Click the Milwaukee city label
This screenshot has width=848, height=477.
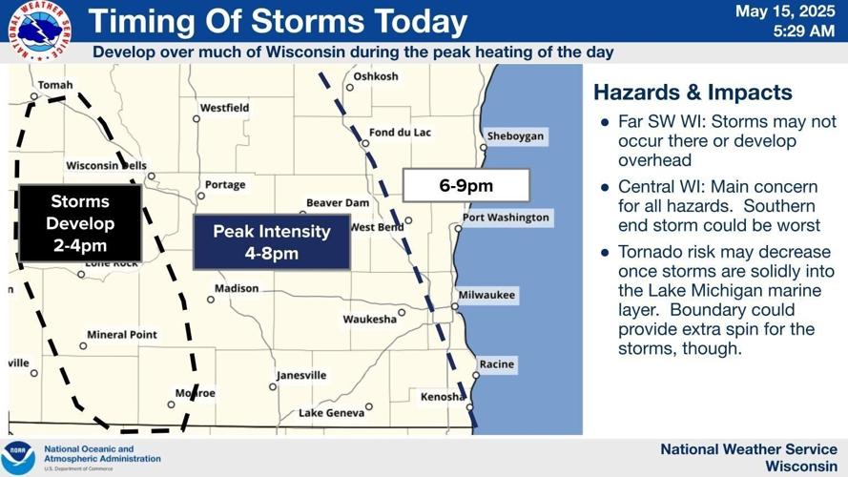click(x=486, y=296)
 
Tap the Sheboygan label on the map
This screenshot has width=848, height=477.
click(x=515, y=136)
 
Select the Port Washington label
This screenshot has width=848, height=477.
click(x=506, y=218)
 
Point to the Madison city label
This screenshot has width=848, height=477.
click(x=236, y=288)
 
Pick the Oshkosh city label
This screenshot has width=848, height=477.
click(x=375, y=76)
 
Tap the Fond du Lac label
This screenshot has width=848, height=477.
click(x=400, y=132)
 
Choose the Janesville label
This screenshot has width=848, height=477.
click(x=301, y=375)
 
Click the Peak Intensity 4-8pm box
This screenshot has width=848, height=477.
click(x=271, y=242)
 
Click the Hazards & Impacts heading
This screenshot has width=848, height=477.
click(x=693, y=93)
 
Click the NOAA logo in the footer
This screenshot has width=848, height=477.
click(x=18, y=457)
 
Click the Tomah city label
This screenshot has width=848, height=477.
click(x=55, y=85)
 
